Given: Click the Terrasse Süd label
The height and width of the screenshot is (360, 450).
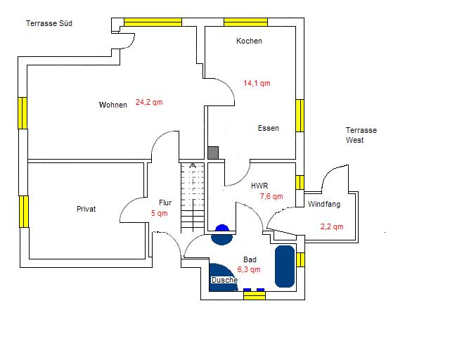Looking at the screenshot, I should click(x=49, y=23).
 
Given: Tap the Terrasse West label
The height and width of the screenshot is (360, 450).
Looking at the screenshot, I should click(x=361, y=135).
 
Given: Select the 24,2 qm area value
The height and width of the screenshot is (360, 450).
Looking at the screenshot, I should click(x=149, y=102).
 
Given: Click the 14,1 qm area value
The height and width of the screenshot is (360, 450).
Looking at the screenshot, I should click(x=257, y=83).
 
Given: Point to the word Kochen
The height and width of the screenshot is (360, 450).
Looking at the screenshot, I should click(x=249, y=41).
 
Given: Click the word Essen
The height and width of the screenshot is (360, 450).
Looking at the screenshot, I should click(x=268, y=128).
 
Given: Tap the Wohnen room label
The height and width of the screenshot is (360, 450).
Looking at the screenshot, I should click(x=113, y=105).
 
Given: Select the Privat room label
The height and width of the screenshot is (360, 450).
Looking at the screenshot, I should click(x=86, y=209).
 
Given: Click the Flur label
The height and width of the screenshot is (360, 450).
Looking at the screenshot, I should click(x=165, y=202).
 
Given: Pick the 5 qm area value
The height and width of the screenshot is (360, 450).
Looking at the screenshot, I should click(x=159, y=213).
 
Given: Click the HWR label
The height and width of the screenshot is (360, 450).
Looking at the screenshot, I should click(x=259, y=186).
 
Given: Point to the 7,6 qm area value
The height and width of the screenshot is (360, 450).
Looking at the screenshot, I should click(x=271, y=196).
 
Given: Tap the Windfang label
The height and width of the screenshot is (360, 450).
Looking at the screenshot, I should click(x=324, y=204).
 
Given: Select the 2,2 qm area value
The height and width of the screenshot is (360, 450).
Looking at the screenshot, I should click(x=332, y=226).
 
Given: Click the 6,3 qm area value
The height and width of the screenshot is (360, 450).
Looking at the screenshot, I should click(x=249, y=269).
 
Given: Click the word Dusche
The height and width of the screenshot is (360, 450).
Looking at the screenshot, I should click(x=224, y=280).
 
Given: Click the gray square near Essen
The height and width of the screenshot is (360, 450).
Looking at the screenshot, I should click(x=213, y=153).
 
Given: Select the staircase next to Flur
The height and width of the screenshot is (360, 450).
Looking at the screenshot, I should click(x=192, y=198).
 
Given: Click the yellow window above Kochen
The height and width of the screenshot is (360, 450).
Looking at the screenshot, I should click(x=245, y=22).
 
